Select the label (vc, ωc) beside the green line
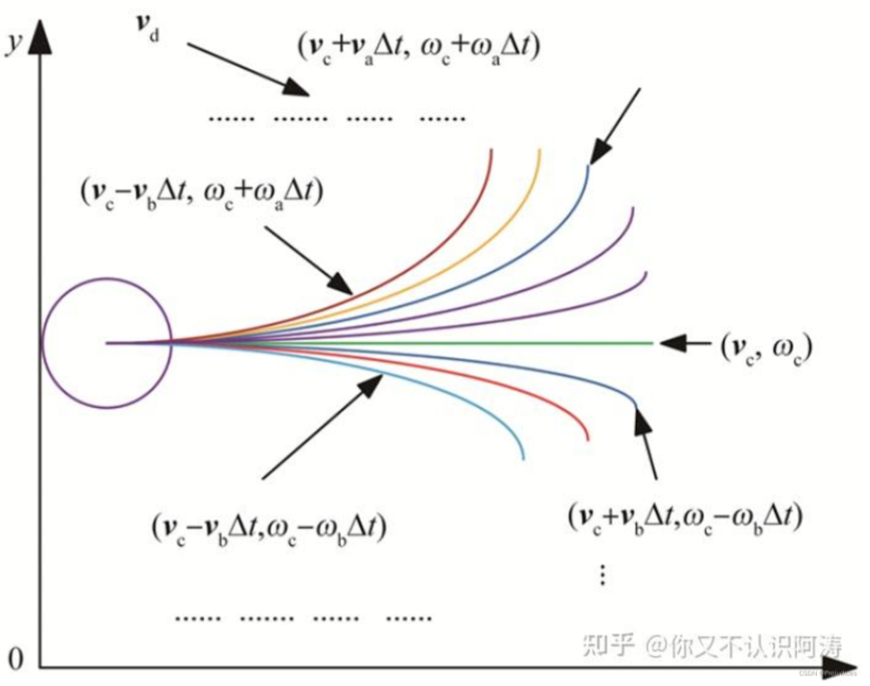(765, 345)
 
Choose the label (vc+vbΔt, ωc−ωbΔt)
(686, 516)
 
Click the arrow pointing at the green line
(684, 343)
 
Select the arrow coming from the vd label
(248, 68)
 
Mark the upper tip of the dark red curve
(492, 150)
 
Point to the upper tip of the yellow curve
(540, 150)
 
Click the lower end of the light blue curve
(523, 458)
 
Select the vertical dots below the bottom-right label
(602, 573)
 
